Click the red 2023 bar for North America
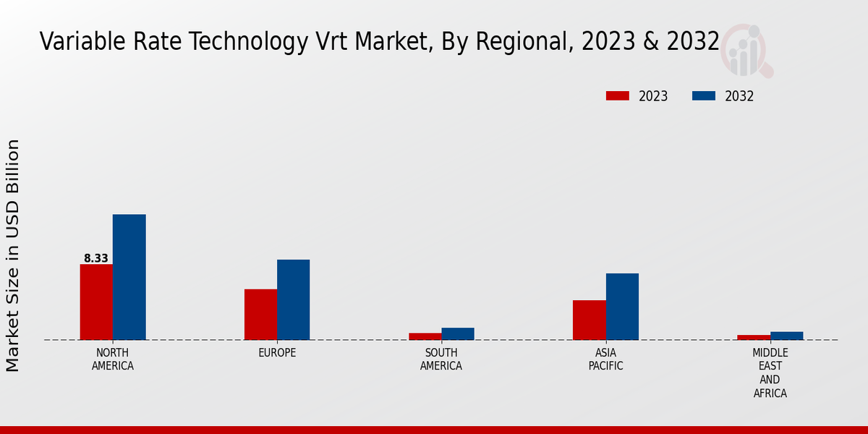click(x=96, y=302)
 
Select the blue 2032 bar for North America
click(x=129, y=277)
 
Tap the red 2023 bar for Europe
click(x=260, y=314)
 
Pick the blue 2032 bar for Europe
click(x=293, y=299)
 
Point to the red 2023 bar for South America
click(x=425, y=336)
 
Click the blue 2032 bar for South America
click(x=458, y=333)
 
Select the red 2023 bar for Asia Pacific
click(x=589, y=320)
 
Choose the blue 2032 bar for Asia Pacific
click(x=622, y=306)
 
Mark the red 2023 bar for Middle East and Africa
click(x=754, y=337)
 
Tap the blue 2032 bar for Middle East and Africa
click(x=786, y=336)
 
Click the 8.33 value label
click(x=96, y=258)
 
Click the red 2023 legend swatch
click(x=618, y=96)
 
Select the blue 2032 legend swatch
click(x=704, y=96)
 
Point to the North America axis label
click(x=113, y=359)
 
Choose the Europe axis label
click(x=277, y=353)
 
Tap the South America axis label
click(x=441, y=359)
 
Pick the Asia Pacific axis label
click(x=605, y=359)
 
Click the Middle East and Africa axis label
click(x=770, y=373)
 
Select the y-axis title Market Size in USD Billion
click(x=13, y=255)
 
